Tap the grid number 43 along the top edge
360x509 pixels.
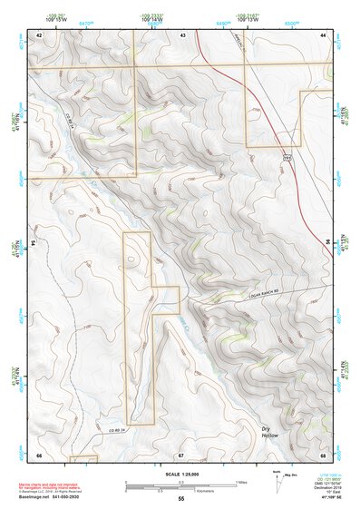tap(183, 34)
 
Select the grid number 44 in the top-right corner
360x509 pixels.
tap(324, 34)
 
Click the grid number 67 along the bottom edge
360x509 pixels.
tap(181, 454)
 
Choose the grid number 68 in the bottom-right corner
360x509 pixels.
tap(323, 454)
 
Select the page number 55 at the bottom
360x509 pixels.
tap(181, 499)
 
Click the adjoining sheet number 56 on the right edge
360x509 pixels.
tap(328, 243)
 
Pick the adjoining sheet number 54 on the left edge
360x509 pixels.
tap(32, 243)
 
